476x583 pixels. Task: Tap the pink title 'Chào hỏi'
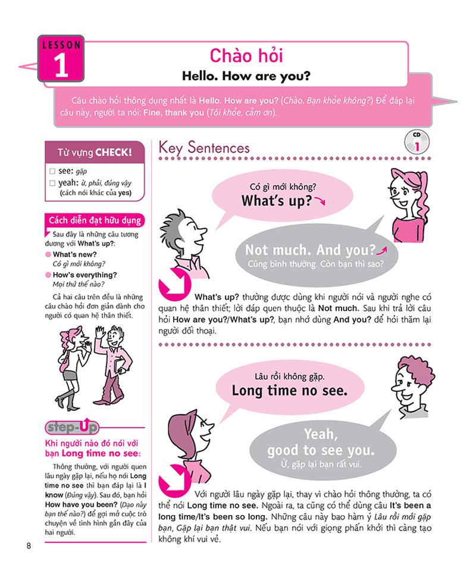pyautogui.click(x=246, y=56)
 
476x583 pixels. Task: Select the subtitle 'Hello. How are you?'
pyautogui.click(x=246, y=76)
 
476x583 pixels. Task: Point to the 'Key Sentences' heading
pyautogui.click(x=204, y=148)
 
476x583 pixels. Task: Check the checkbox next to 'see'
pyautogui.click(x=52, y=171)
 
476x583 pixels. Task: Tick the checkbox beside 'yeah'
pyautogui.click(x=52, y=183)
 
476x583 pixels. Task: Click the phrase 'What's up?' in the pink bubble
pyautogui.click(x=277, y=201)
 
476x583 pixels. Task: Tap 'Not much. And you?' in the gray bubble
pyautogui.click(x=311, y=250)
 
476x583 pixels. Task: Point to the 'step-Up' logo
pyautogui.click(x=71, y=427)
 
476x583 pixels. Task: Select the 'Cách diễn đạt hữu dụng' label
pyautogui.click(x=95, y=221)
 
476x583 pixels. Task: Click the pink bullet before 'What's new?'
pyautogui.click(x=48, y=254)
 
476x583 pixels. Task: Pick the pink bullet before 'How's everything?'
pyautogui.click(x=48, y=275)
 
